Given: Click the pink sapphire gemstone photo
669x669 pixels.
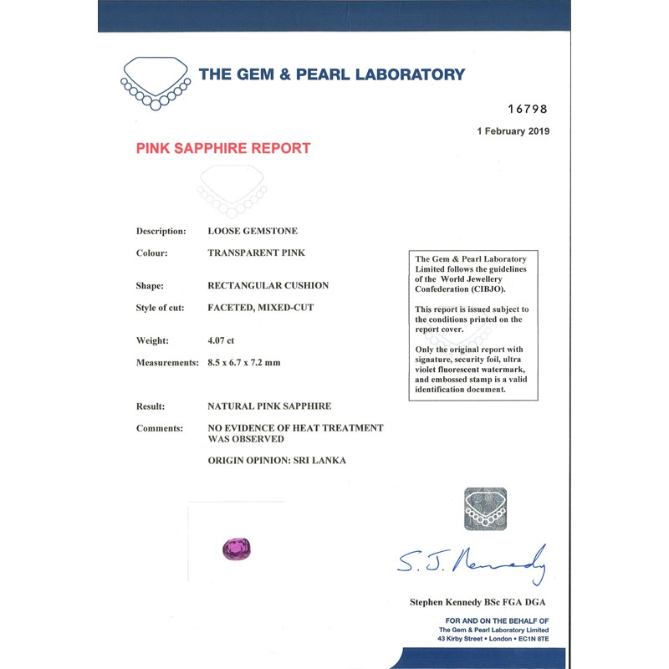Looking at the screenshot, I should click(x=236, y=549).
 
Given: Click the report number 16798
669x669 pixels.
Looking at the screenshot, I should click(x=528, y=110).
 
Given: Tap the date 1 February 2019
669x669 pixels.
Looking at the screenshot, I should click(x=513, y=131).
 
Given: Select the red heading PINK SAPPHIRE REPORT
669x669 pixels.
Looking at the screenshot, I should click(x=222, y=149).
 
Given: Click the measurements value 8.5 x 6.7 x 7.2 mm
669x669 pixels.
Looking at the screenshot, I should click(x=255, y=363).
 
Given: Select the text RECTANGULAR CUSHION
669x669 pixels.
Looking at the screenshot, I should click(x=268, y=286).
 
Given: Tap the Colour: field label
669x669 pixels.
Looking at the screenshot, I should click(x=152, y=253).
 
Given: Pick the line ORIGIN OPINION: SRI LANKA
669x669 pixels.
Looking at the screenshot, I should click(x=276, y=461).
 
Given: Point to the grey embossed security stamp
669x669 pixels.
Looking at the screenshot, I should click(x=485, y=508).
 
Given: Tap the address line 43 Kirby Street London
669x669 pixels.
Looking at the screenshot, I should click(x=494, y=639).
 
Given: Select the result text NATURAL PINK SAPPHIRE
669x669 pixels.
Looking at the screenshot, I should click(x=268, y=406).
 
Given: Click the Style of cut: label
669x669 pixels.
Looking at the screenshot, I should click(x=160, y=308).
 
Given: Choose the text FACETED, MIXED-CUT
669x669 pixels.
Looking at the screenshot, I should click(x=260, y=308).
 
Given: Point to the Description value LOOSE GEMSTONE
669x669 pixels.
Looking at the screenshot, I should click(x=252, y=231).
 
